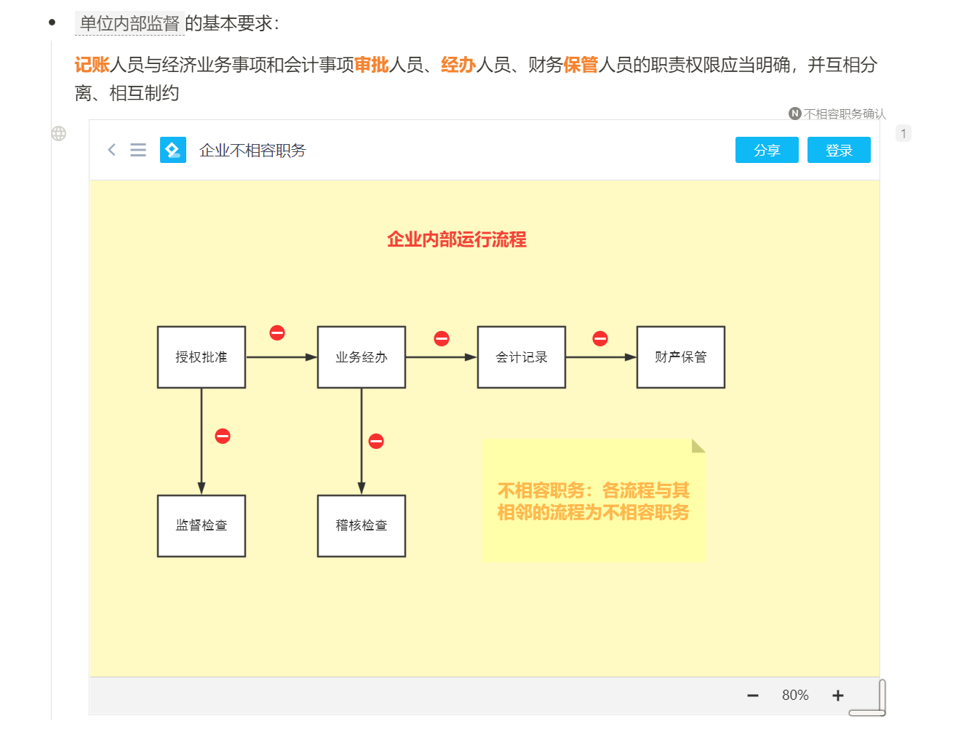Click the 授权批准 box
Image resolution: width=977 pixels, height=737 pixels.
202,357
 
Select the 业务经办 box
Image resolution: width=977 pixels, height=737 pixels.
362,357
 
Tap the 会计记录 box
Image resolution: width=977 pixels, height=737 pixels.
522,357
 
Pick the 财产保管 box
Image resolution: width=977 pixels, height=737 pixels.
681,357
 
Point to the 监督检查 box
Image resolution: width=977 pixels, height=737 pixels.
202,526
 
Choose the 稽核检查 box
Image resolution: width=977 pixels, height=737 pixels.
362,526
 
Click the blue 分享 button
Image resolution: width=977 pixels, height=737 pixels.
767,150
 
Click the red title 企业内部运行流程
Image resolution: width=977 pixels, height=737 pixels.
457,239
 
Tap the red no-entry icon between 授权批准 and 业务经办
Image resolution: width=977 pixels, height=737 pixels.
277,332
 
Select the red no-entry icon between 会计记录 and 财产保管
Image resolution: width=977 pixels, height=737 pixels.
600,338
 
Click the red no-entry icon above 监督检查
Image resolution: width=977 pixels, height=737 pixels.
223,436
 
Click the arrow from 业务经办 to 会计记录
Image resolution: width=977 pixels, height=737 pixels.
441,357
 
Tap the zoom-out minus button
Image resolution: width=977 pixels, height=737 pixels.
753,696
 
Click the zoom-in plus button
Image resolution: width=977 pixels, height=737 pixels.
838,696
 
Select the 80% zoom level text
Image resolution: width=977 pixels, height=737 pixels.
795,696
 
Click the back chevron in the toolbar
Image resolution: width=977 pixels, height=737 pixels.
111,150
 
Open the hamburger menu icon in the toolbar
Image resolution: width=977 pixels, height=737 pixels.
138,150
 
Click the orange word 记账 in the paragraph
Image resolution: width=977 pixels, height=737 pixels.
92,65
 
